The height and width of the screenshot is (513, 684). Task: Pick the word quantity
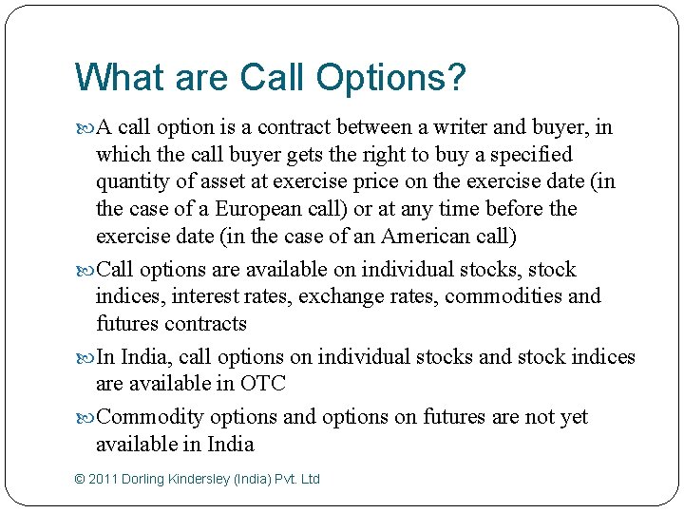133,181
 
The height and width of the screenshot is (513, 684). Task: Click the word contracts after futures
205,323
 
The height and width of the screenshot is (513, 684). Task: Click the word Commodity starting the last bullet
150,417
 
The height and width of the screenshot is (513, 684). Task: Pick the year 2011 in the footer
104,479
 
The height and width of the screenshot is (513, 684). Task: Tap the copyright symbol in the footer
79,479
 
